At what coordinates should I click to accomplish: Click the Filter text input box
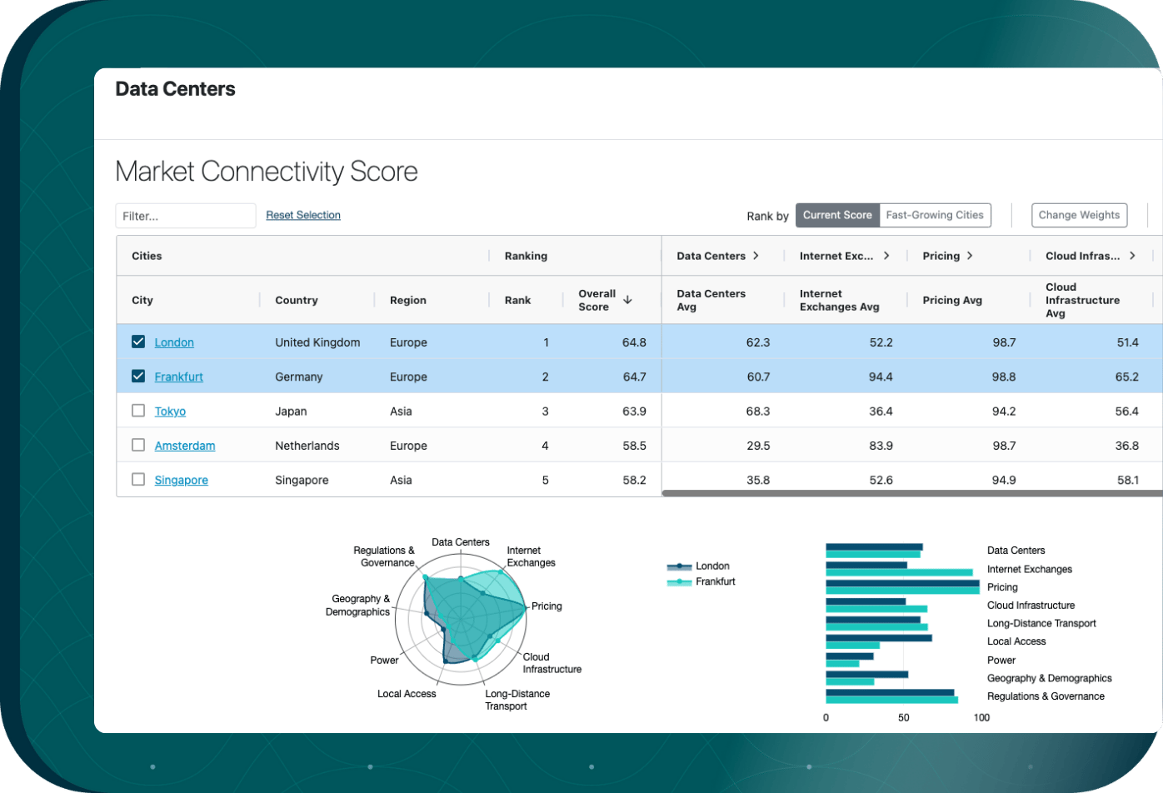tap(185, 216)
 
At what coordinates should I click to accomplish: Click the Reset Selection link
tap(303, 215)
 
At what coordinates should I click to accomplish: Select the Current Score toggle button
tap(837, 215)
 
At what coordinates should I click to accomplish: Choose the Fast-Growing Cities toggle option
tap(935, 215)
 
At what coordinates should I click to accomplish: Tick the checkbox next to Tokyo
tap(138, 411)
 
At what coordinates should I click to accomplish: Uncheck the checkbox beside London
tap(138, 342)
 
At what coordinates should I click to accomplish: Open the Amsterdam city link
tap(185, 446)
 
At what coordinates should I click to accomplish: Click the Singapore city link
tap(182, 480)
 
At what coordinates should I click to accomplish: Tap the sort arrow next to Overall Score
tap(627, 299)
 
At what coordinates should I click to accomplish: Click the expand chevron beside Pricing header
tap(970, 256)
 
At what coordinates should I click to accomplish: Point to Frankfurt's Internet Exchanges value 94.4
tap(881, 377)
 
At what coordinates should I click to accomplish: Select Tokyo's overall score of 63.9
tap(634, 411)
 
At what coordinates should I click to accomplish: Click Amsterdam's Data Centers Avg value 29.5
tap(758, 446)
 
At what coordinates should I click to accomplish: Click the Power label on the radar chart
tap(384, 661)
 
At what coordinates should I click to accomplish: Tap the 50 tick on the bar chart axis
tap(903, 717)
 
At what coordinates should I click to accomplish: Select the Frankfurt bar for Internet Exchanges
tap(899, 572)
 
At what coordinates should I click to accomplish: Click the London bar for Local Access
tap(879, 638)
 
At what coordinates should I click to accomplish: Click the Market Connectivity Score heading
tap(267, 172)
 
